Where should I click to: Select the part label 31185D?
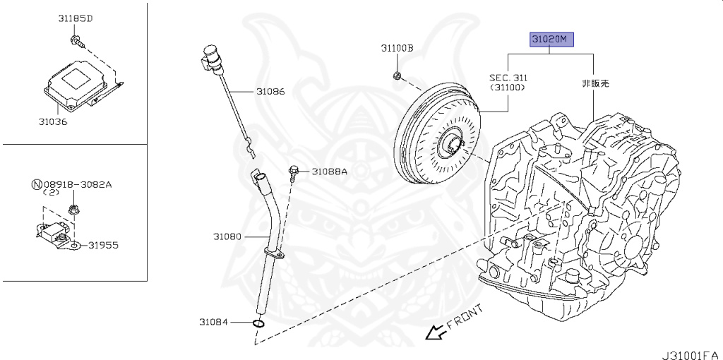[x=76, y=18]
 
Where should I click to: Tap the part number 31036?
[x=53, y=121]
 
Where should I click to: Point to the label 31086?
[x=270, y=92]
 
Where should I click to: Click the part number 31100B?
[x=398, y=49]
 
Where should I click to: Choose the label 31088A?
[x=330, y=171]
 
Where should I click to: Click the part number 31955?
[x=103, y=246]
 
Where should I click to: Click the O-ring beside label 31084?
[x=258, y=324]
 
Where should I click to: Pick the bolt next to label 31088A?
[x=294, y=171]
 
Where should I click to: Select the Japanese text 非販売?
[x=595, y=83]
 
